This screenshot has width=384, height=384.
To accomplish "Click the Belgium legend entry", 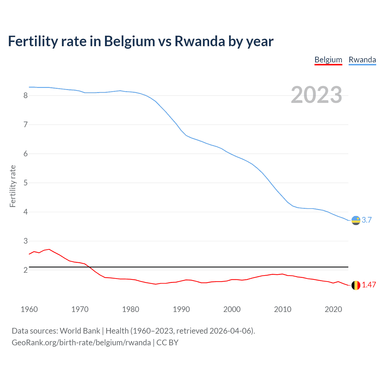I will coord(328,60).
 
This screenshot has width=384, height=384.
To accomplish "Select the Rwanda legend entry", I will coord(362,60).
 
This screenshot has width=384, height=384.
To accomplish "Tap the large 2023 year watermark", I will coord(316,95).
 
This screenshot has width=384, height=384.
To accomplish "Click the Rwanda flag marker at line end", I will coord(356,220).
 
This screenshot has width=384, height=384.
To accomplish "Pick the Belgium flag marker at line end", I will coord(356,285).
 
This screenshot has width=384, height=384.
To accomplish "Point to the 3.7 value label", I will coord(367,220).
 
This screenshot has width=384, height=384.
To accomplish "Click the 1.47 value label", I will coord(369,285).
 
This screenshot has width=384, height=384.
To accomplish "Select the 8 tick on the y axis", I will coord(25,95).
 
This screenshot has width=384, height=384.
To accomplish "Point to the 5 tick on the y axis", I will coord(25,183).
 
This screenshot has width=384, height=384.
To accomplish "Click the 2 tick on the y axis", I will coord(25,270).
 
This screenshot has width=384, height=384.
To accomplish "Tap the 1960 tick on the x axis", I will coord(29,309).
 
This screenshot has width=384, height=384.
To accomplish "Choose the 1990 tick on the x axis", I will coord(181,309).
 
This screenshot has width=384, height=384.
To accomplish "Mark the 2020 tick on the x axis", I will coord(333,309).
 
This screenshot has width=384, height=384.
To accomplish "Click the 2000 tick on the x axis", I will coord(232,309).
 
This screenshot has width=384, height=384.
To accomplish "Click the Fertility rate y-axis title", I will coord(13,186).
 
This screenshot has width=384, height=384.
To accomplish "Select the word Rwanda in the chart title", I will coord(199,41).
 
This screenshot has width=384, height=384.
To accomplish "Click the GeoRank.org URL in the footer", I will coord(81,343).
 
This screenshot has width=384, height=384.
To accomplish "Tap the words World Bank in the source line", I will coord(80,331).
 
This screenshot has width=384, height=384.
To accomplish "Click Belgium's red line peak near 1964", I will coord(49,249).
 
